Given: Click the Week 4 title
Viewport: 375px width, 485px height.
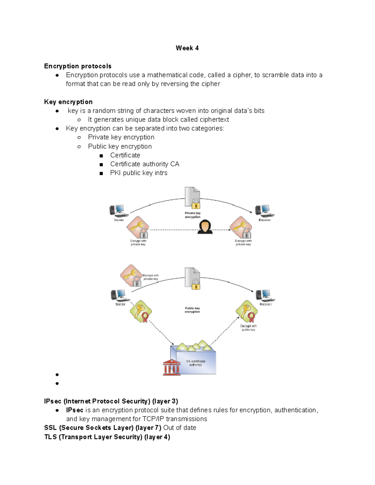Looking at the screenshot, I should coord(187,48).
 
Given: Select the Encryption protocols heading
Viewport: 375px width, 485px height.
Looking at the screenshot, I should coord(77,66).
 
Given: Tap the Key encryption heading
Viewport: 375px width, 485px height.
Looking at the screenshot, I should coord(68,102).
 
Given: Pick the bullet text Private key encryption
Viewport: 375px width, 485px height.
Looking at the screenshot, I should coord(121,137).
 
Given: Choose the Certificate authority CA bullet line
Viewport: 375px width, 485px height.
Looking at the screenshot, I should coord(144,164).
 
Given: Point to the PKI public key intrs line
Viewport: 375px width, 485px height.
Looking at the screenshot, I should coord(138,173).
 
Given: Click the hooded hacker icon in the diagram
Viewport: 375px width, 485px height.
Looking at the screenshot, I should coord(205,226).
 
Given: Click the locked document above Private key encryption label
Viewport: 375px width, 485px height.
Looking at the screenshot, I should coord(192,198).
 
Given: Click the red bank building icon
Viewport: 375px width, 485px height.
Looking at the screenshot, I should coord(171,367).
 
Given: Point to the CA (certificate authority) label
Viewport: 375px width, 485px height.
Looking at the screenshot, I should coord(196,363).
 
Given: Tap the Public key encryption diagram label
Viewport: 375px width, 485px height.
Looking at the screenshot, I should coord(192,310).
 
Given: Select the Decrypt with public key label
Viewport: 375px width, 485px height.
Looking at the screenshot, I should coord(248,328).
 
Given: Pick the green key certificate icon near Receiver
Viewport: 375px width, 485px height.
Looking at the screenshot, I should coord(247,311).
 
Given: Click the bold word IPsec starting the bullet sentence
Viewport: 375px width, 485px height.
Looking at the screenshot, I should coord(74,410).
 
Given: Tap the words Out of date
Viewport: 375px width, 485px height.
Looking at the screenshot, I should coord(180,428).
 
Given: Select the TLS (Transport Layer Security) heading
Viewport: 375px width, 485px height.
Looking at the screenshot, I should coord(107,437).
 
